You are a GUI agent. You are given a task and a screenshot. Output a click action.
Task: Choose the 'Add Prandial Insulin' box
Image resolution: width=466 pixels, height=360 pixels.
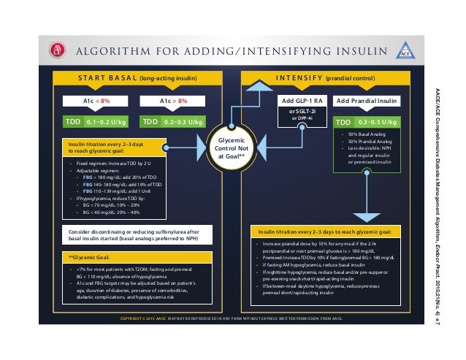(366, 101)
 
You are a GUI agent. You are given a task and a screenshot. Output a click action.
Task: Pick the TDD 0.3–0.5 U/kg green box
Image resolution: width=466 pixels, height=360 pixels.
(366, 122)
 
